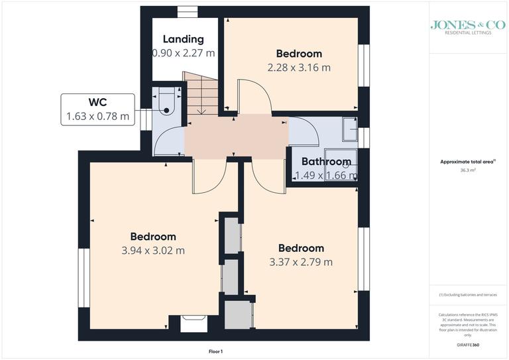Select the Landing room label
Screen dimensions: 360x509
tap(183, 39)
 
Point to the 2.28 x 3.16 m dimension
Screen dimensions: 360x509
tap(299, 67)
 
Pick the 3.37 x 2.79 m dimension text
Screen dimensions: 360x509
tap(301, 262)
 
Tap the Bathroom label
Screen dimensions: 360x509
tap(325, 161)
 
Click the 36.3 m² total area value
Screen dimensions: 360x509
tap(469, 170)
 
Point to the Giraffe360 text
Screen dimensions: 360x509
tap(468, 345)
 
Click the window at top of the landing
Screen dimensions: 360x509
tap(188, 10)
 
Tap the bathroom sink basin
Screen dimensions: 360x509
tap(346, 165)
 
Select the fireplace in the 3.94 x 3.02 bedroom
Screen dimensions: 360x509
tap(194, 323)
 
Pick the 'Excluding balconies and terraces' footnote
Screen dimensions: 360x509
tap(468, 294)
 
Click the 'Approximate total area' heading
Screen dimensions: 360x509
tap(467, 162)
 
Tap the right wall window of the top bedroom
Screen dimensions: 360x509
tap(363, 66)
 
